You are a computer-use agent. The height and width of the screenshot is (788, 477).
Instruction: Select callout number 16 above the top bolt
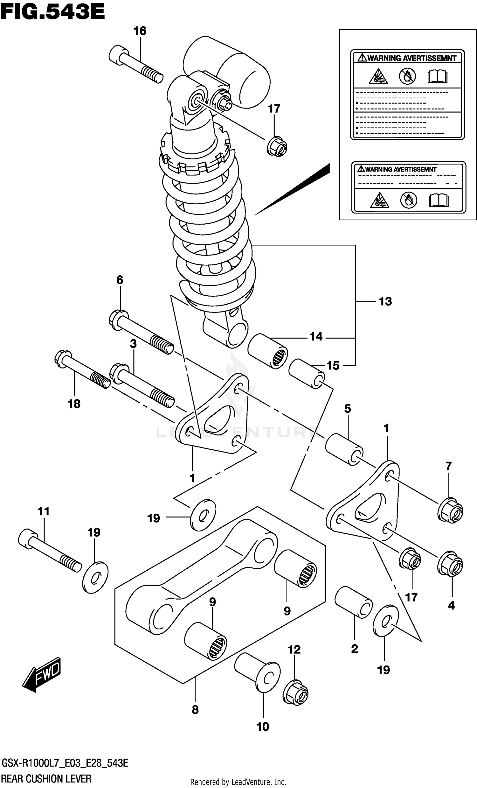[x=140, y=31]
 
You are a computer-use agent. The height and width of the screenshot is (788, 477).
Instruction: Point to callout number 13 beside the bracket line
[x=385, y=301]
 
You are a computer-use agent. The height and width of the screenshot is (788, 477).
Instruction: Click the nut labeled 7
[x=450, y=510]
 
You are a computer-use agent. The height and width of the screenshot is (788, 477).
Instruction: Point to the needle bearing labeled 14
[x=268, y=351]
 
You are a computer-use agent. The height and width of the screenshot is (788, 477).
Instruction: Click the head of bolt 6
[x=119, y=318]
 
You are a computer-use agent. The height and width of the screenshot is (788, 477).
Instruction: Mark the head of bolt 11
[x=28, y=538]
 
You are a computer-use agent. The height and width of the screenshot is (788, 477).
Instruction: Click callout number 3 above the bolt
[x=133, y=344]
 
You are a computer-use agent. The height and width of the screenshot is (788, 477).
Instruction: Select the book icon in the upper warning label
[x=437, y=77]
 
